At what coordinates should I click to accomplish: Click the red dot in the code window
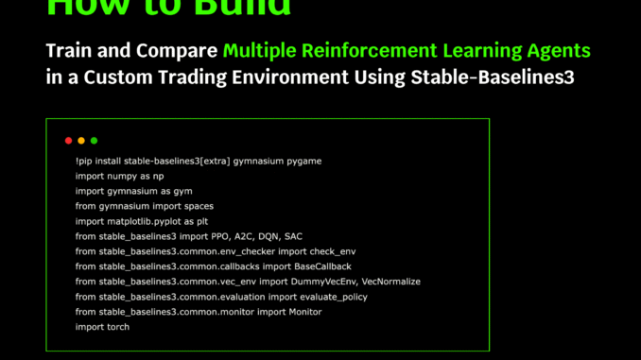tap(68, 141)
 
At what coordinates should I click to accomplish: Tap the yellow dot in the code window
tap(81, 141)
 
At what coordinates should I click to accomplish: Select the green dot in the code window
tap(94, 141)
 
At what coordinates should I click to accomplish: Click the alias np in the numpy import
tap(158, 177)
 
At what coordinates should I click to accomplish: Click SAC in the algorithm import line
tap(293, 236)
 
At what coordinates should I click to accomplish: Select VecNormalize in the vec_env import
tap(390, 282)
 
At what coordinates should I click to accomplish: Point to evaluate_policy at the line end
tap(334, 297)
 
